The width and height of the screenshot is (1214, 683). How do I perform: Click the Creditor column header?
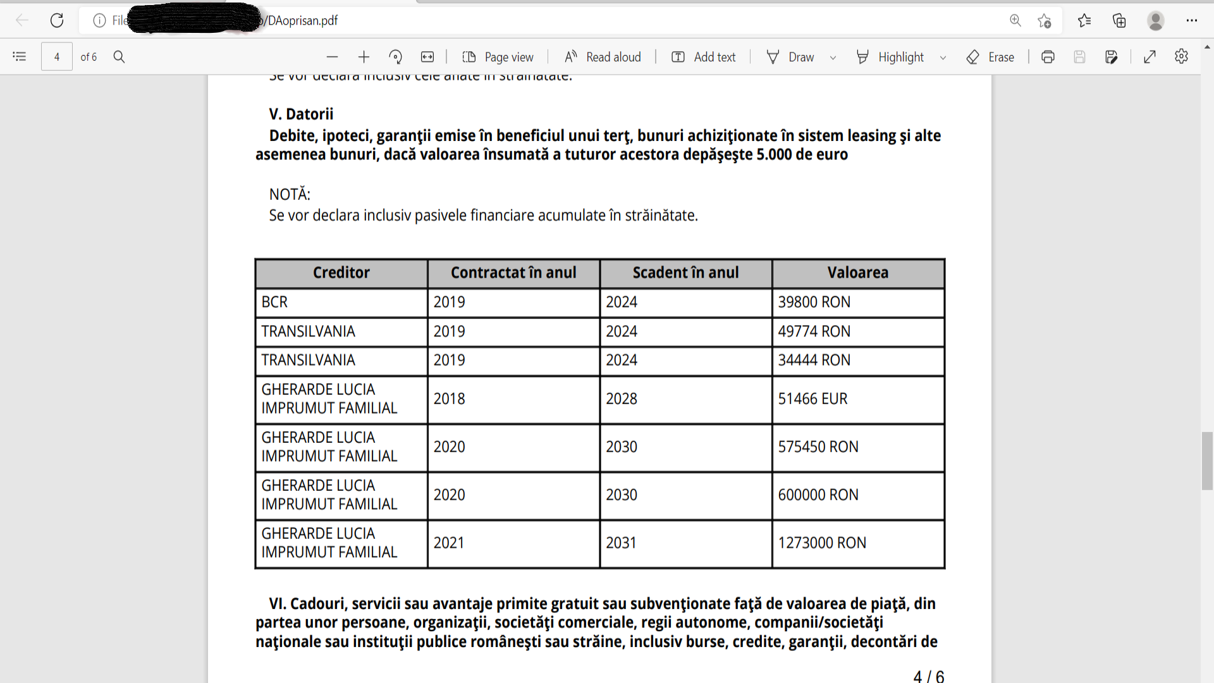341,273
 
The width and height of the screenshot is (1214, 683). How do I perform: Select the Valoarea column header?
857,273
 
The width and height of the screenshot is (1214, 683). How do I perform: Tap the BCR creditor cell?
275,302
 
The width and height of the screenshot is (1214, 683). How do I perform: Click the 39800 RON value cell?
814,302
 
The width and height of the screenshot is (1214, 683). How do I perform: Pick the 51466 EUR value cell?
812,399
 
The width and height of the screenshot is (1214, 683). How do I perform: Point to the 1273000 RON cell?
822,543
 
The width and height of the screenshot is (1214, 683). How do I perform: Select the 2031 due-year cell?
621,543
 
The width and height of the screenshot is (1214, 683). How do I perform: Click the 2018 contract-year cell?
449,399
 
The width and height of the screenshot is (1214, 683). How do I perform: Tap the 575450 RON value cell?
818,447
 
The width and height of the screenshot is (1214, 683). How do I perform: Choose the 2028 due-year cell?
622,399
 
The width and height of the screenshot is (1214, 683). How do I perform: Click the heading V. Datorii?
301,114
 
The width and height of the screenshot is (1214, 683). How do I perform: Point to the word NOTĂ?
290,194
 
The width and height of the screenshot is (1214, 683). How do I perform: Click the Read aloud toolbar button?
603,57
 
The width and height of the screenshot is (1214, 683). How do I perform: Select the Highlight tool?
892,57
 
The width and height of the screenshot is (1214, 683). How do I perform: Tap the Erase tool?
991,57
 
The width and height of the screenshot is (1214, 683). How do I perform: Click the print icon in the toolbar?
1048,57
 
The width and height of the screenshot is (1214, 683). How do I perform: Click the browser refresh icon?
57,20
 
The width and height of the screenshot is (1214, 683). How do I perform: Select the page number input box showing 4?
57,57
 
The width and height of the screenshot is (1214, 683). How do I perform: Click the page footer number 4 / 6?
928,676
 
